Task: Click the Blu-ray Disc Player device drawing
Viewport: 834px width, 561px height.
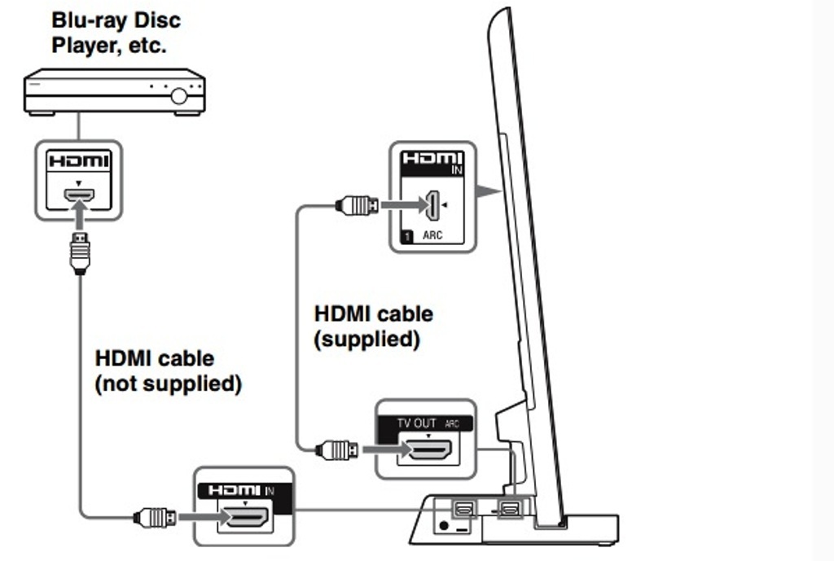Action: click(x=114, y=92)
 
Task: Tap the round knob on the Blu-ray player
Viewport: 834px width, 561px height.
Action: click(x=178, y=95)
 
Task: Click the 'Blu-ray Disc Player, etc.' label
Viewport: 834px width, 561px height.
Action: click(x=116, y=32)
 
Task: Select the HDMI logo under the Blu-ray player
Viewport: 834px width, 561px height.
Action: click(x=78, y=161)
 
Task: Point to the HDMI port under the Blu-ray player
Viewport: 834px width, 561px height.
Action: click(x=79, y=195)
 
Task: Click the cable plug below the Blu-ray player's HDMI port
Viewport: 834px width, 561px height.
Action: click(x=79, y=252)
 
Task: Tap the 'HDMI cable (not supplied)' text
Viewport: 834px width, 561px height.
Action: click(x=168, y=370)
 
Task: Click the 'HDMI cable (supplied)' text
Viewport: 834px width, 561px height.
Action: click(x=374, y=326)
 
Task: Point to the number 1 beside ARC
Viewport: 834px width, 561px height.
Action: click(x=405, y=235)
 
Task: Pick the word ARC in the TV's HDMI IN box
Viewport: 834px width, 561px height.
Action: click(x=432, y=235)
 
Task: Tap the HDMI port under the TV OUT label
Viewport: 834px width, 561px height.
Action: click(x=429, y=449)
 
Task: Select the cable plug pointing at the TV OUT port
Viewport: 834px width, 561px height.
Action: click(x=336, y=449)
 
